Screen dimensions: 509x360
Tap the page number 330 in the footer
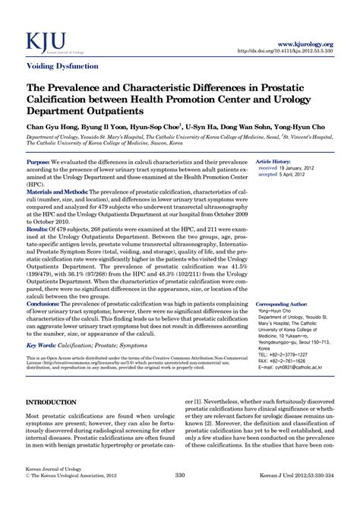click(x=180, y=497)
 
